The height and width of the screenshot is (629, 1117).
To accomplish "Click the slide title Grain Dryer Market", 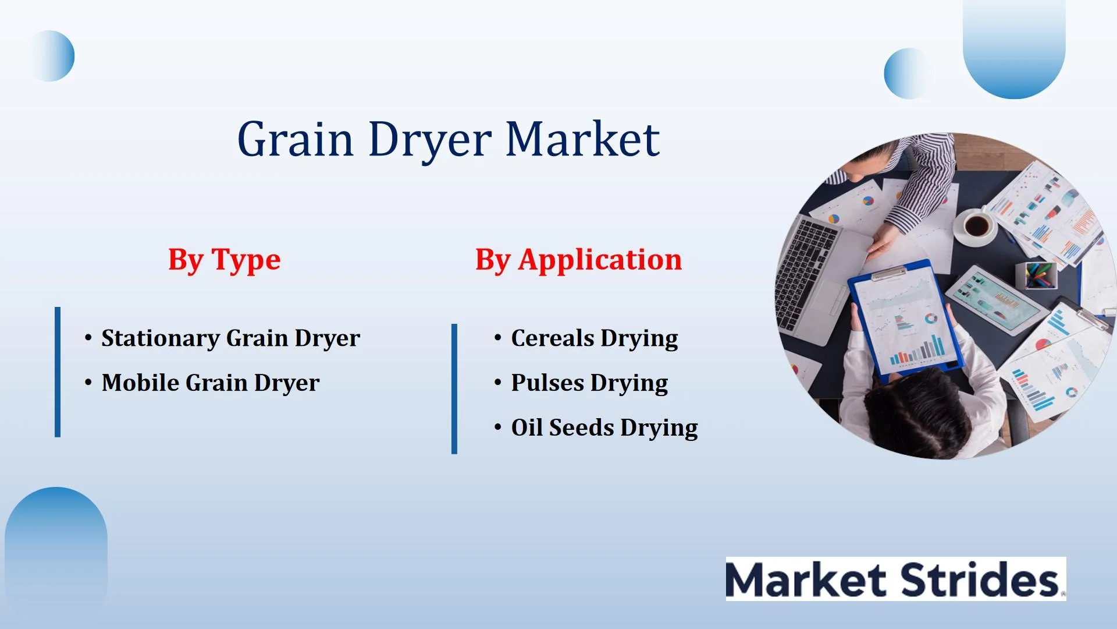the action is click(449, 140).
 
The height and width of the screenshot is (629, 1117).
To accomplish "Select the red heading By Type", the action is click(225, 260).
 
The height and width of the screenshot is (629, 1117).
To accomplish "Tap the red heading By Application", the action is click(578, 260).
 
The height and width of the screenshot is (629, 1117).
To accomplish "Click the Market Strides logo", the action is click(896, 579).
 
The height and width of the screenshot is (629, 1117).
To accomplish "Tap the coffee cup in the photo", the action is click(977, 226).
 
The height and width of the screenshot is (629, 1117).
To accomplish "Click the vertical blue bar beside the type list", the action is click(58, 372).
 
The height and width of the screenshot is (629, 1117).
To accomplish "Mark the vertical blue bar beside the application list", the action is click(454, 389).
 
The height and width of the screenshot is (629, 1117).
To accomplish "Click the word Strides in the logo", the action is click(980, 579).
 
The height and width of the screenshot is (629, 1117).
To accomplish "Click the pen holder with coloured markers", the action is click(1036, 275).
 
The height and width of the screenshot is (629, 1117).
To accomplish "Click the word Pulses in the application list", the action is click(547, 383).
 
